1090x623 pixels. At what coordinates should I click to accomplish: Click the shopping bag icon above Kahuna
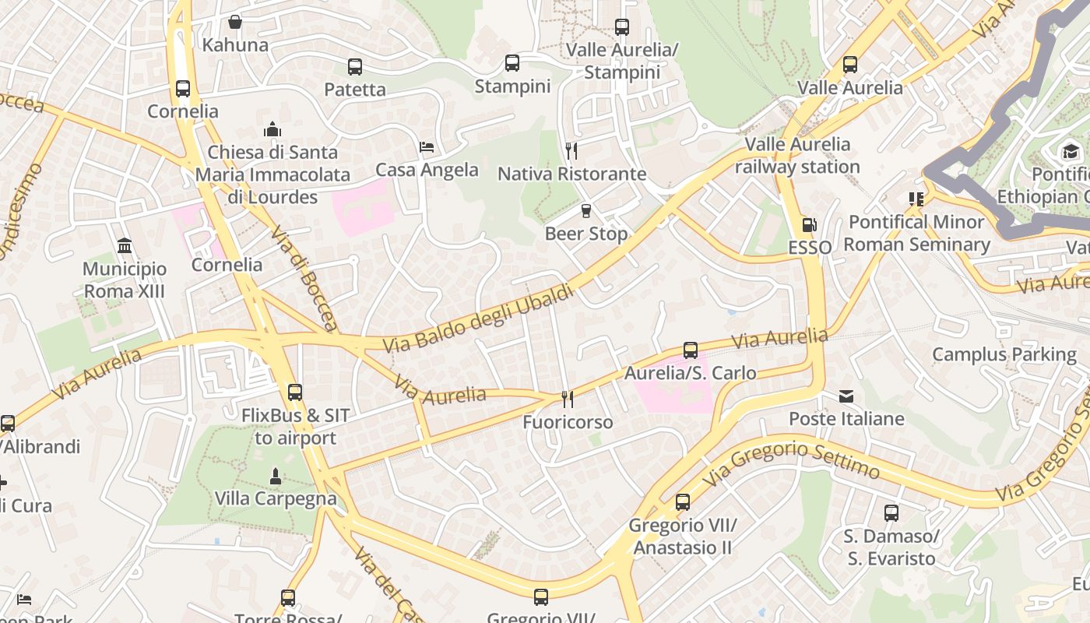pyautogui.click(x=234, y=22)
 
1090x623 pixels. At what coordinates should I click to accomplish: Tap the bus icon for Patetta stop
pyautogui.click(x=355, y=67)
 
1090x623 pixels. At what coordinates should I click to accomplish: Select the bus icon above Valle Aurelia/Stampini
pyautogui.click(x=622, y=27)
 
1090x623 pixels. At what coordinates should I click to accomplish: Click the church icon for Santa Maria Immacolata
pyautogui.click(x=272, y=129)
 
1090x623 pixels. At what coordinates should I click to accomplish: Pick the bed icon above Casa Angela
pyautogui.click(x=427, y=146)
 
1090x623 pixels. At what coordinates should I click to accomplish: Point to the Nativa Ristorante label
pyautogui.click(x=571, y=174)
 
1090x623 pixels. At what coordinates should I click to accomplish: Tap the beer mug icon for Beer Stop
pyautogui.click(x=586, y=211)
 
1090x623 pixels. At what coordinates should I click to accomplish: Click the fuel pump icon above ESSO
pyautogui.click(x=810, y=225)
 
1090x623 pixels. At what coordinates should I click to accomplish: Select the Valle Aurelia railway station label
pyautogui.click(x=797, y=156)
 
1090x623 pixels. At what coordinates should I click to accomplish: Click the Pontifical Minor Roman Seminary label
pyautogui.click(x=916, y=234)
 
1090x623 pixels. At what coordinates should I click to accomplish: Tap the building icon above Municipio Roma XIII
pyautogui.click(x=125, y=246)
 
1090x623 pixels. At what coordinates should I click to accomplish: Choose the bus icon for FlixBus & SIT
pyautogui.click(x=295, y=392)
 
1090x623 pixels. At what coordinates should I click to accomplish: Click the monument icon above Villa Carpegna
pyautogui.click(x=275, y=476)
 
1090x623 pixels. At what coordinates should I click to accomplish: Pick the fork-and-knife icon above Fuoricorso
pyautogui.click(x=568, y=399)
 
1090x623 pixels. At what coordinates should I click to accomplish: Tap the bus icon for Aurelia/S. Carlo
pyautogui.click(x=690, y=350)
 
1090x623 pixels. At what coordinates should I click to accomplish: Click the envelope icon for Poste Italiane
pyautogui.click(x=846, y=396)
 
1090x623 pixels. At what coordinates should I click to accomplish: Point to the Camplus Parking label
pyautogui.click(x=1004, y=355)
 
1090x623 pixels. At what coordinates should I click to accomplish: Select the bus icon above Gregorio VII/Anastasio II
pyautogui.click(x=683, y=502)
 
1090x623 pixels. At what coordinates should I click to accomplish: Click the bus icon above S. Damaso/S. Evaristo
pyautogui.click(x=891, y=513)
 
